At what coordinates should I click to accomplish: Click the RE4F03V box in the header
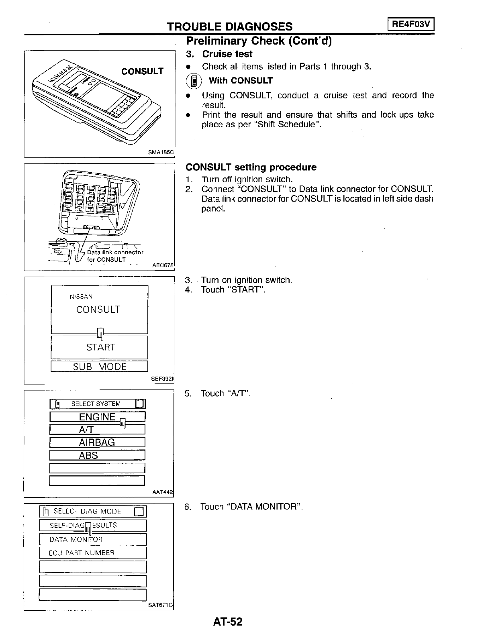411,25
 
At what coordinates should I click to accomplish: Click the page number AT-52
228,622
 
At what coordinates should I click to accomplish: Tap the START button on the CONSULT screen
100,347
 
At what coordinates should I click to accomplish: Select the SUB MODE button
100,367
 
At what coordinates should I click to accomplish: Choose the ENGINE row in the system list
97,417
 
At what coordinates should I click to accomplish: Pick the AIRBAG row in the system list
97,442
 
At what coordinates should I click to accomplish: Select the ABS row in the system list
97,455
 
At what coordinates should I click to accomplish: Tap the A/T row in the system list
97,430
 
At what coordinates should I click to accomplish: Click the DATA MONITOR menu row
93,539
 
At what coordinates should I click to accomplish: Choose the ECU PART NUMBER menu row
93,553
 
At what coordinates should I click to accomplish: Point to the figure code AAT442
163,492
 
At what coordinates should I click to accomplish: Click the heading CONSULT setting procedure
251,167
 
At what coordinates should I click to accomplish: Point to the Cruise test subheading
227,54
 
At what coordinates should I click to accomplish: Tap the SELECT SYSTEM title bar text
96,404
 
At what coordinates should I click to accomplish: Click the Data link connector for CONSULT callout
114,256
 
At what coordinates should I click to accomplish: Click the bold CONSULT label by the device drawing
142,71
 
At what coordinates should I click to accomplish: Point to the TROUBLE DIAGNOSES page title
230,26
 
